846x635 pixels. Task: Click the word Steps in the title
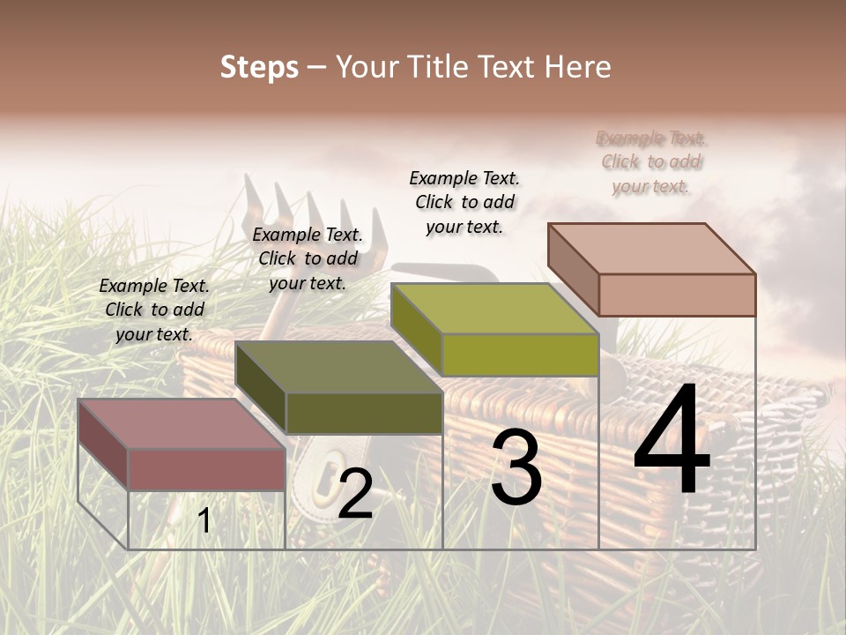pyautogui.click(x=258, y=67)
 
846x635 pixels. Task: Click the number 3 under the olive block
pyautogui.click(x=516, y=468)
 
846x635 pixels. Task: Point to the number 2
pyautogui.click(x=355, y=494)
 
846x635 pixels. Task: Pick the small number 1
pyautogui.click(x=204, y=521)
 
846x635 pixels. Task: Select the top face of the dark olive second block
pyautogui.click(x=338, y=367)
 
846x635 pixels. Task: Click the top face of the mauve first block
pyautogui.click(x=182, y=424)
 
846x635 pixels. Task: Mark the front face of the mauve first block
pyautogui.click(x=206, y=469)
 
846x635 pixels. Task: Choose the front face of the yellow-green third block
pyautogui.click(x=520, y=355)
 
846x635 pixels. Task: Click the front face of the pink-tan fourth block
pyautogui.click(x=677, y=295)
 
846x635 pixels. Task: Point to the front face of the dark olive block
pyautogui.click(x=363, y=413)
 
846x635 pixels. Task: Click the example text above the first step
pyautogui.click(x=154, y=310)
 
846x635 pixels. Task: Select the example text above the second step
pyautogui.click(x=308, y=258)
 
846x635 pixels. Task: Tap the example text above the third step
pyautogui.click(x=464, y=202)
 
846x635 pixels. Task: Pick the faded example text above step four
pyautogui.click(x=651, y=162)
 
